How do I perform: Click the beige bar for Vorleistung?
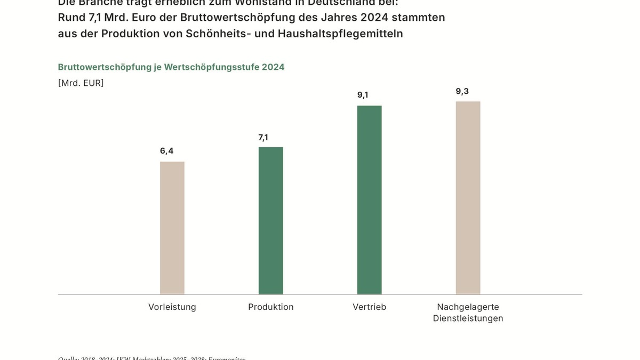pyautogui.click(x=172, y=228)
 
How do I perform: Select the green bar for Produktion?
pyautogui.click(x=270, y=220)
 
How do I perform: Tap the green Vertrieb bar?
pyautogui.click(x=369, y=199)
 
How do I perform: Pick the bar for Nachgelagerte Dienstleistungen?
pyautogui.click(x=468, y=197)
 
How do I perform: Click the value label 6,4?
pyautogui.click(x=167, y=151)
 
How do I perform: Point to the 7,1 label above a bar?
pyautogui.click(x=263, y=138)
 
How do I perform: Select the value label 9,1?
pyautogui.click(x=363, y=95)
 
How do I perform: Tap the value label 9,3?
pyautogui.click(x=462, y=91)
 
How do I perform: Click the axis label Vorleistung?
pyautogui.click(x=172, y=307)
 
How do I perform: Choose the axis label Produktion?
pyautogui.click(x=271, y=307)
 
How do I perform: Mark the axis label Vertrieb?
pyautogui.click(x=369, y=307)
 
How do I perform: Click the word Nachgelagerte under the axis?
pyautogui.click(x=468, y=307)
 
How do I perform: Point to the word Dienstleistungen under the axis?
pyautogui.click(x=468, y=318)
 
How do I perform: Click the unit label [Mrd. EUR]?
pyautogui.click(x=81, y=83)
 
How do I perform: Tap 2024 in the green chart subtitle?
pyautogui.click(x=273, y=67)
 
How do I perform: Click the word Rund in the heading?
pyautogui.click(x=71, y=18)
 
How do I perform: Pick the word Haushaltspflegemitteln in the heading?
pyautogui.click(x=340, y=34)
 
